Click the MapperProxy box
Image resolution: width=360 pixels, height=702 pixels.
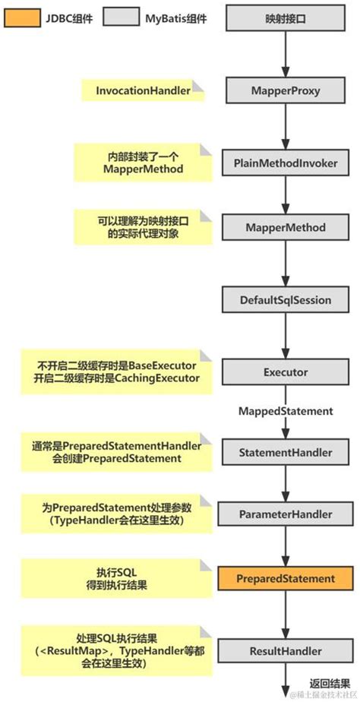point(283,90)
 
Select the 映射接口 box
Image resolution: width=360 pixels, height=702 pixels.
point(283,18)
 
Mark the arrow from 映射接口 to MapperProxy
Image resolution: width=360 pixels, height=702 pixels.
point(283,53)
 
